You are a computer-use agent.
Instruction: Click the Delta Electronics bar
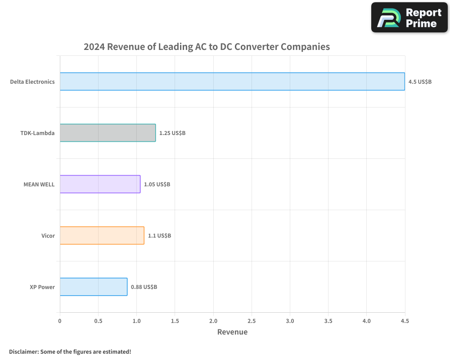pos(232,81)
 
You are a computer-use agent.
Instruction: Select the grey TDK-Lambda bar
pos(108,133)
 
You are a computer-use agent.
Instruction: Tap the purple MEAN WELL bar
pos(100,184)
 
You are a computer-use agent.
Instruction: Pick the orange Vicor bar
pos(102,235)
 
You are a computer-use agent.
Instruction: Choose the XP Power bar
pos(93,287)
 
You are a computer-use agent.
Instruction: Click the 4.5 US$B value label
pos(420,82)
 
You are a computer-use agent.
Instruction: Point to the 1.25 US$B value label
pos(172,133)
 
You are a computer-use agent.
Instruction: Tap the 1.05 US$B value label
pos(157,184)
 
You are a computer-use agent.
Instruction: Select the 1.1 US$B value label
pos(159,236)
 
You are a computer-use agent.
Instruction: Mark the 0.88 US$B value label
pos(144,287)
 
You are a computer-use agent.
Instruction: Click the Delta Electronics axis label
pos(32,82)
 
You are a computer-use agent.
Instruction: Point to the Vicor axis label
pos(48,236)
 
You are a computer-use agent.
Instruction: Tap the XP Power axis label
pos(42,287)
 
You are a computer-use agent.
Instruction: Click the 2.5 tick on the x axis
pos(252,321)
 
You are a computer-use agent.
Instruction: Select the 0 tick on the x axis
pos(60,321)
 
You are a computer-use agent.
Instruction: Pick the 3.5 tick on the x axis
pos(328,321)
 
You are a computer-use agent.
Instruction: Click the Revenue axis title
pos(232,332)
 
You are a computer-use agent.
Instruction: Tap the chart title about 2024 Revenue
pos(207,47)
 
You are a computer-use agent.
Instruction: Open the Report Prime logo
pos(409,18)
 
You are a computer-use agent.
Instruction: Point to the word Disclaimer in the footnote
pos(23,351)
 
